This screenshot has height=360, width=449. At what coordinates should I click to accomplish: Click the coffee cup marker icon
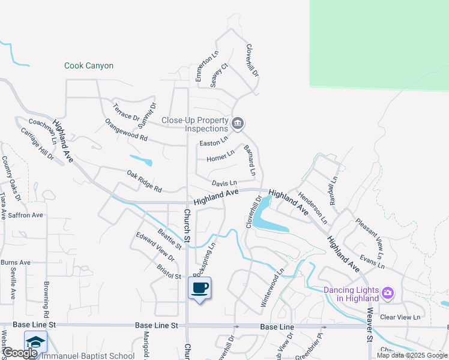[x=200, y=287]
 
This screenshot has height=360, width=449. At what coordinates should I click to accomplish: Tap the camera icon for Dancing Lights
[x=388, y=293]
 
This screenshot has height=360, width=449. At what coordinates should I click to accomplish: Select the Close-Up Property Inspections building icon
[x=237, y=124]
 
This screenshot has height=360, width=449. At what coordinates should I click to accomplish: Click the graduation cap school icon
[x=35, y=342]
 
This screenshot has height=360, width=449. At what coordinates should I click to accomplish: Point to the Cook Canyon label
[x=89, y=66]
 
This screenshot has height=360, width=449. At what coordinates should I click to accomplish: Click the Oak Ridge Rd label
[x=145, y=182]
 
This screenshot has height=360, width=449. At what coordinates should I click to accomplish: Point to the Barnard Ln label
[x=250, y=160]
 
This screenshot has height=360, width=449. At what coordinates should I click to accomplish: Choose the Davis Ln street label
[x=224, y=183]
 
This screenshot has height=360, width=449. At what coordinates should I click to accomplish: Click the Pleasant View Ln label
[x=369, y=234]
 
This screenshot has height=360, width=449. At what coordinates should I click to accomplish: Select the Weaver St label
[x=370, y=325]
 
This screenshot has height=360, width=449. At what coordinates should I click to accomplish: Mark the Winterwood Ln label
[x=272, y=288]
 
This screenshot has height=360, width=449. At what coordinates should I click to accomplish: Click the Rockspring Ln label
[x=204, y=257]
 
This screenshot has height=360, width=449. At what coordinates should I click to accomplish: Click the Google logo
[x=20, y=353]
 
